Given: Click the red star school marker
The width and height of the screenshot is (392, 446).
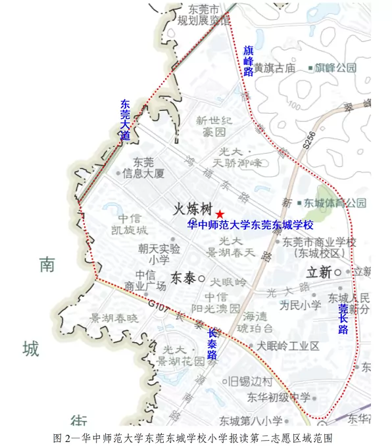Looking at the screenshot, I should tap(220, 214).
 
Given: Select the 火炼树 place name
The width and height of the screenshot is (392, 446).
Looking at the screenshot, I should tap(192, 210).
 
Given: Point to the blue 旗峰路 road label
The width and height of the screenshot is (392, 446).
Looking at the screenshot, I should tap(248, 61).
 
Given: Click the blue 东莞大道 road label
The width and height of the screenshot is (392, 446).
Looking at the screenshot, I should tap(125, 120).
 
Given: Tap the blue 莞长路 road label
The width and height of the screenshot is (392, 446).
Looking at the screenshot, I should tap(343, 319).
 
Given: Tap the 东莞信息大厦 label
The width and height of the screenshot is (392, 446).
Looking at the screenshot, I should tap(144, 168).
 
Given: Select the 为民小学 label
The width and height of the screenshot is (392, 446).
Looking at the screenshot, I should tap(299, 305).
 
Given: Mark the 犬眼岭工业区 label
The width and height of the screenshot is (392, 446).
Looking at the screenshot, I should tap(287, 346).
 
